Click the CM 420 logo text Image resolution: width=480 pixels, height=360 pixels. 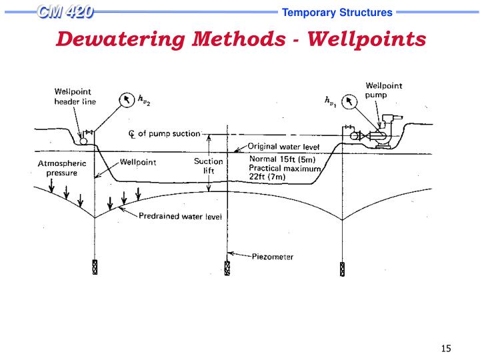pyautogui.click(x=65, y=11)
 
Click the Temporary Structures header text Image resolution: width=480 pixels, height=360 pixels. pyautogui.click(x=337, y=12)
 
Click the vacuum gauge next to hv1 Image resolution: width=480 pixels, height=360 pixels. pyautogui.click(x=350, y=101)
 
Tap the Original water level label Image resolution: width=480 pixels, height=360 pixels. pyautogui.click(x=283, y=147)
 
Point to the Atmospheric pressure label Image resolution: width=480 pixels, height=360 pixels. pyautogui.click(x=58, y=167)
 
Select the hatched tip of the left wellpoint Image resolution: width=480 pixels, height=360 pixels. pyautogui.click(x=94, y=267)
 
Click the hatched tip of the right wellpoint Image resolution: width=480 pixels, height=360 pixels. pyautogui.click(x=342, y=269)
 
